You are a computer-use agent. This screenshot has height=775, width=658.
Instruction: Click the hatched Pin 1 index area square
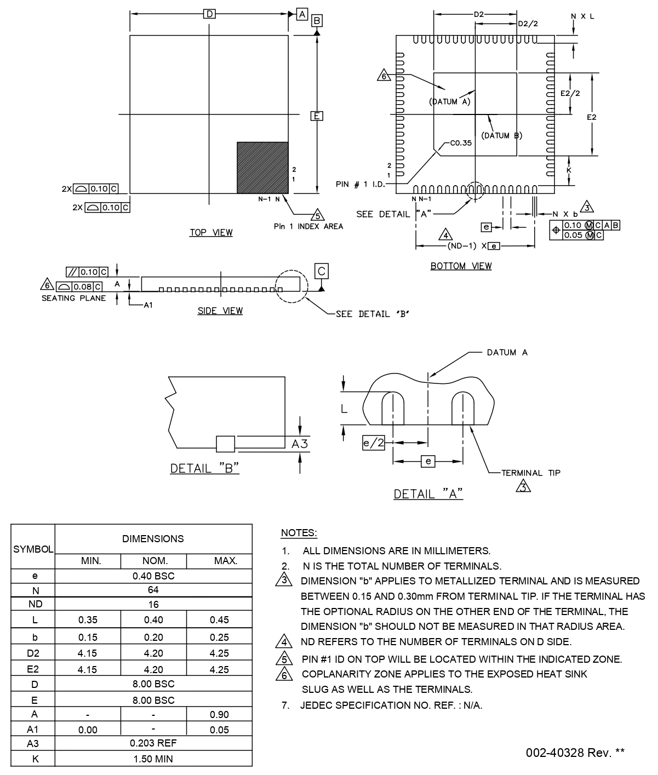click(x=262, y=168)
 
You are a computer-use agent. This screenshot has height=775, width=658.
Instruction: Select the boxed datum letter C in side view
click(x=322, y=271)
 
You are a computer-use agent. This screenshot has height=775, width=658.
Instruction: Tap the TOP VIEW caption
click(x=211, y=233)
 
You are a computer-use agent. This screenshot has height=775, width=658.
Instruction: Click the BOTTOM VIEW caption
click(x=461, y=266)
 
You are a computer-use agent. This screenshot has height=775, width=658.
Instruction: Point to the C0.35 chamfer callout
click(x=460, y=143)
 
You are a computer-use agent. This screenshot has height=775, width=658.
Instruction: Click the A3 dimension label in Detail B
click(x=300, y=444)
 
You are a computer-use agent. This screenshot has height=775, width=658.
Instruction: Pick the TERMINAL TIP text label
click(x=531, y=473)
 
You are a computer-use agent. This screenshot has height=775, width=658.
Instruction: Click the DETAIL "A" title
click(x=428, y=494)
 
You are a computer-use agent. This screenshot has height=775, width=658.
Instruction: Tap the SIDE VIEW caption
click(x=220, y=311)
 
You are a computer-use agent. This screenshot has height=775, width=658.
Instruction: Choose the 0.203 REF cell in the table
click(x=153, y=743)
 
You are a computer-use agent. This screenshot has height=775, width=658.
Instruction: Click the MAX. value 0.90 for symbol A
click(x=219, y=714)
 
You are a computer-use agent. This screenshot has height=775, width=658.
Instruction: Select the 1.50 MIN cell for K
click(x=153, y=759)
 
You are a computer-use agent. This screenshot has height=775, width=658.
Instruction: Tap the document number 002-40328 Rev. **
click(x=575, y=753)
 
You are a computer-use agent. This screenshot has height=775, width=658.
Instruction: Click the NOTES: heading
click(x=299, y=533)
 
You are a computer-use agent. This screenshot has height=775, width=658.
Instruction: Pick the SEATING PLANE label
click(x=74, y=298)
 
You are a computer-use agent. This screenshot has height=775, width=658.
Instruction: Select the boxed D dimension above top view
click(x=209, y=14)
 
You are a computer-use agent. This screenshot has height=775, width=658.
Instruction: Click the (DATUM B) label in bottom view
click(x=501, y=135)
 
